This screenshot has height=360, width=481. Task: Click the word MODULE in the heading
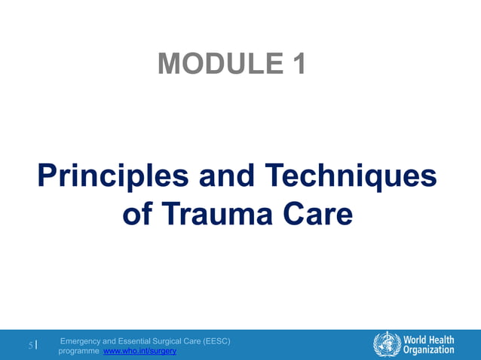tap(213, 64)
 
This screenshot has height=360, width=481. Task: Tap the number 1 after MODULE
tap(298, 64)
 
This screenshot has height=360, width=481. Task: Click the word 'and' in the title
tap(225, 177)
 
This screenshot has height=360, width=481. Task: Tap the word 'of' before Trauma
tap(137, 215)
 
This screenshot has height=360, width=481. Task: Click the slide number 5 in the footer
tap(31, 346)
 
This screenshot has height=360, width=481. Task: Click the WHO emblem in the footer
tap(387, 343)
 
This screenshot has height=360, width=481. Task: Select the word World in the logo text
tap(415, 338)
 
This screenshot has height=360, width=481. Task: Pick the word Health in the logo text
tap(442, 338)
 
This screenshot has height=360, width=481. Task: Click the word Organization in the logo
tap(428, 349)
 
